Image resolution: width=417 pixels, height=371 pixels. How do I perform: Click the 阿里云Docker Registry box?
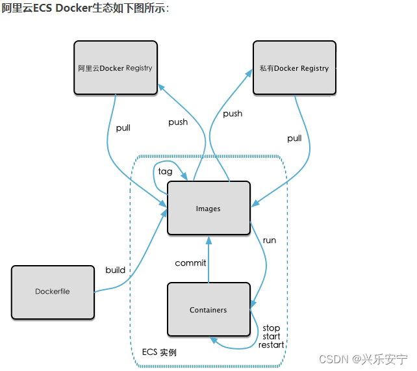[x=115, y=68]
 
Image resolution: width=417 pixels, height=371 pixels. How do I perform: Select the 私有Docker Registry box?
[x=294, y=68]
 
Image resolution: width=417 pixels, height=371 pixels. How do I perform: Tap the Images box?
[x=208, y=209]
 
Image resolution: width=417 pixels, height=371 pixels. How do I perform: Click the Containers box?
[x=208, y=310]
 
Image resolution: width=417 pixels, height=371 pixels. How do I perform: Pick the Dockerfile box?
[x=53, y=292]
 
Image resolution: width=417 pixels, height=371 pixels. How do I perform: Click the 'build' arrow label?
[x=116, y=270]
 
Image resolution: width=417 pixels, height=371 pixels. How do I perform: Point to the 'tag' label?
[x=166, y=172]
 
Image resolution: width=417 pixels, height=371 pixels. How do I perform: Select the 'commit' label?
[x=190, y=263]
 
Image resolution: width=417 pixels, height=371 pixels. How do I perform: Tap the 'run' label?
[x=269, y=240]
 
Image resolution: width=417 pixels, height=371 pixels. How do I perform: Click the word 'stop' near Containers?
[x=272, y=328]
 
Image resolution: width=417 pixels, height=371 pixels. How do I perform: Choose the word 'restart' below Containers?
[x=272, y=344]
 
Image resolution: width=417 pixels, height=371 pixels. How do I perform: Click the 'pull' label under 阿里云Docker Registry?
[x=123, y=128]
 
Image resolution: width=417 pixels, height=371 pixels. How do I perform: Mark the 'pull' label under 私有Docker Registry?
[x=294, y=138]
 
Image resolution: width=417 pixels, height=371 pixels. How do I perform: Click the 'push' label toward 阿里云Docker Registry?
[x=178, y=122]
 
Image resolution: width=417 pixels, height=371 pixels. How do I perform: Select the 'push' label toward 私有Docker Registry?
[x=233, y=114]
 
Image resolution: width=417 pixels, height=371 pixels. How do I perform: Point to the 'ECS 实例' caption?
[x=159, y=352]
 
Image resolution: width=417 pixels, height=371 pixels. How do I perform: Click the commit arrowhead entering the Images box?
[x=208, y=238]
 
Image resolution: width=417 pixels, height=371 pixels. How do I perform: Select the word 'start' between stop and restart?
[x=272, y=337]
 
